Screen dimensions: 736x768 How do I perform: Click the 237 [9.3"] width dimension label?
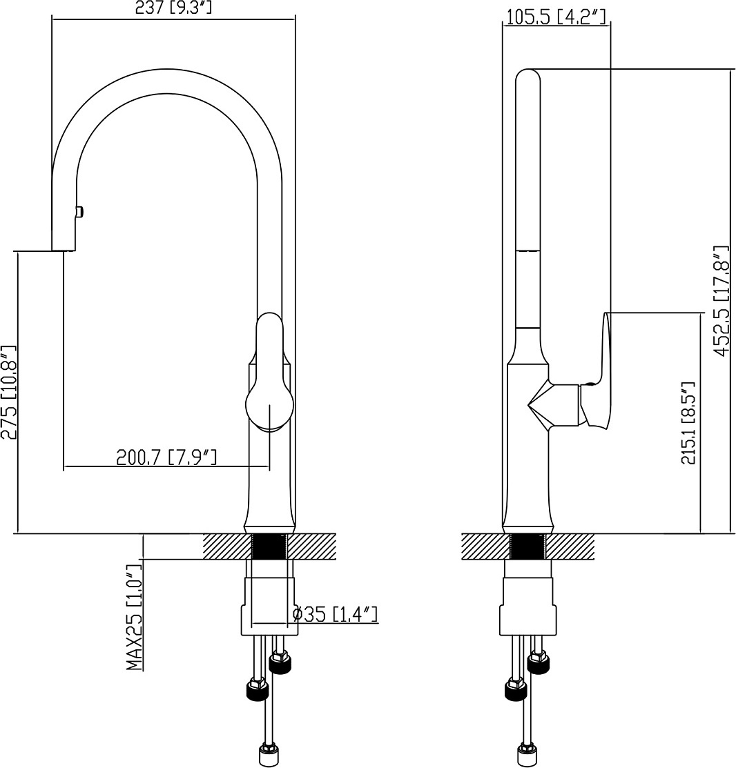coord(173,8)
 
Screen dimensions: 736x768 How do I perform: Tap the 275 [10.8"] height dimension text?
coord(9,392)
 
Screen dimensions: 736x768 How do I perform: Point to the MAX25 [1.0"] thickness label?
coord(134,617)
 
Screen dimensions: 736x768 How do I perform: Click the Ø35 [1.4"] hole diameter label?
coord(335,614)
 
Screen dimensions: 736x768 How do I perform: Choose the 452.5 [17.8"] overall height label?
coord(723,302)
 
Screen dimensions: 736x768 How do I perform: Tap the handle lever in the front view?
coord(269,372)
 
